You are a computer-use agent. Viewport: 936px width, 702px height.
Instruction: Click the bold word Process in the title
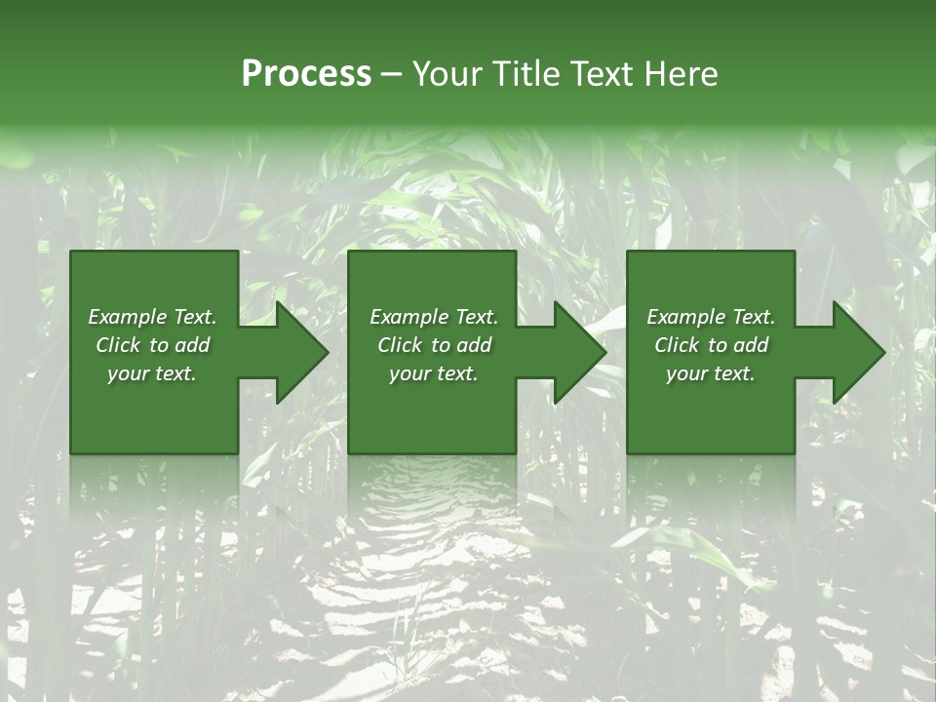point(306,74)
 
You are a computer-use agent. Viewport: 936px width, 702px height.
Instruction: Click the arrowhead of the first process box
point(298,352)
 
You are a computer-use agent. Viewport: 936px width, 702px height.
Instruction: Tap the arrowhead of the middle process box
point(576,352)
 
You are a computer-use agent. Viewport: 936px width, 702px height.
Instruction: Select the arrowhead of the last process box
point(855,352)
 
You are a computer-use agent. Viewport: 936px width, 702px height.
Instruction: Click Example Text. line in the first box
point(152,317)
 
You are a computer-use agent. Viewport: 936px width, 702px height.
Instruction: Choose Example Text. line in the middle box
point(434,317)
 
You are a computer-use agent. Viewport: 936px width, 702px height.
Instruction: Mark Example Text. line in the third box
point(711,317)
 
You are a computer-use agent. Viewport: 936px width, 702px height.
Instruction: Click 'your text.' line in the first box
point(152,373)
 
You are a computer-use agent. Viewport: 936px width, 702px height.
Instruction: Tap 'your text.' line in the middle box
point(434,373)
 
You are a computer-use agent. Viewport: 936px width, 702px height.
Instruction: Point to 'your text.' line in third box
point(711,373)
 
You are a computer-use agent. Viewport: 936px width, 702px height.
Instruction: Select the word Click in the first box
point(118,345)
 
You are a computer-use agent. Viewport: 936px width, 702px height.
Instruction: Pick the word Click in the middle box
point(400,345)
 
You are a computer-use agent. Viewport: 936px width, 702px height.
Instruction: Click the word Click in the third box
point(677,345)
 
